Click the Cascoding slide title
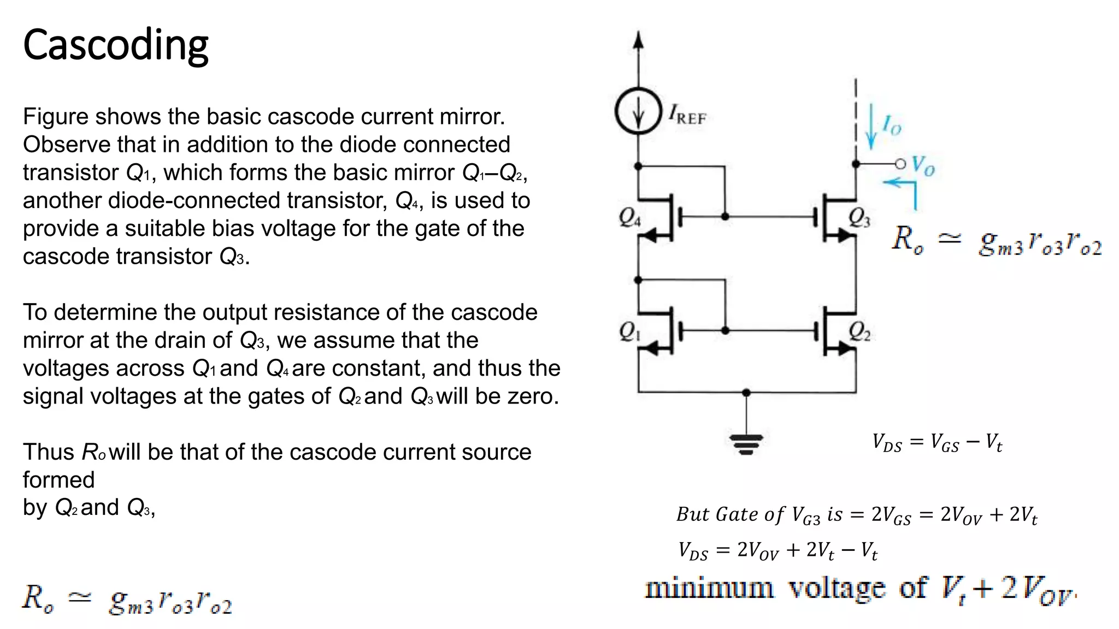click(x=115, y=45)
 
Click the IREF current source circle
click(x=638, y=111)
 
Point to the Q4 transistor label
click(x=629, y=217)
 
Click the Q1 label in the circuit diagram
click(x=629, y=331)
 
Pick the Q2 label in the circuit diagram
click(x=859, y=331)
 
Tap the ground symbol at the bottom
click(x=746, y=444)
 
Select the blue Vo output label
click(x=923, y=165)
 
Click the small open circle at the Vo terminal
click(x=900, y=164)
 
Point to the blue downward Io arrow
click(x=871, y=128)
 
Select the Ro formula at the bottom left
click(x=127, y=600)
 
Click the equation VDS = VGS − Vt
click(x=937, y=443)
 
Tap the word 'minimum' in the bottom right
click(x=709, y=589)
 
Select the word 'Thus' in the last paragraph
click(x=48, y=452)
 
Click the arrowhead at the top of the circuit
click(x=638, y=40)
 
